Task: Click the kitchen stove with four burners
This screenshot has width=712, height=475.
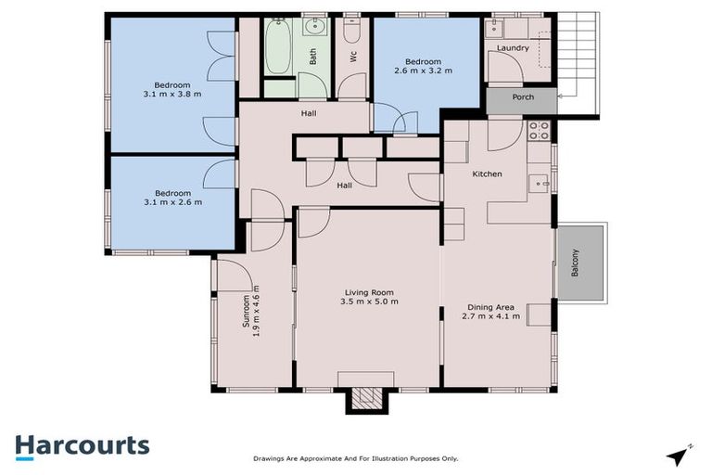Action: pos(540,130)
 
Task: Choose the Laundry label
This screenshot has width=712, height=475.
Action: pos(513,47)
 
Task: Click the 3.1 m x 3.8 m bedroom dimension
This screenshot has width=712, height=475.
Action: pos(172,93)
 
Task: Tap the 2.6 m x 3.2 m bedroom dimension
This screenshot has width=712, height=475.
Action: pos(423,70)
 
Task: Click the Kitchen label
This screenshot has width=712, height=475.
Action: pos(487,174)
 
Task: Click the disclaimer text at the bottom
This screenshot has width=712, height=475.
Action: pos(356,458)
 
